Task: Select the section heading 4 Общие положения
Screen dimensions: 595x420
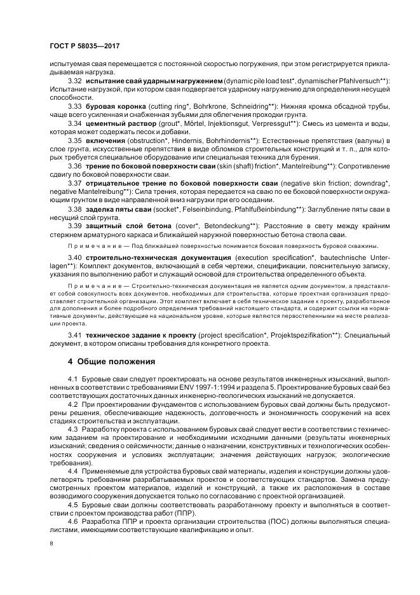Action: [x=111, y=362]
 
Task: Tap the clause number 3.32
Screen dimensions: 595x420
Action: [x=75, y=81]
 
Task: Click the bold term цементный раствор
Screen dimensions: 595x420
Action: [x=118, y=122]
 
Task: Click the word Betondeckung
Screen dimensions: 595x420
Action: [x=220, y=227]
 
